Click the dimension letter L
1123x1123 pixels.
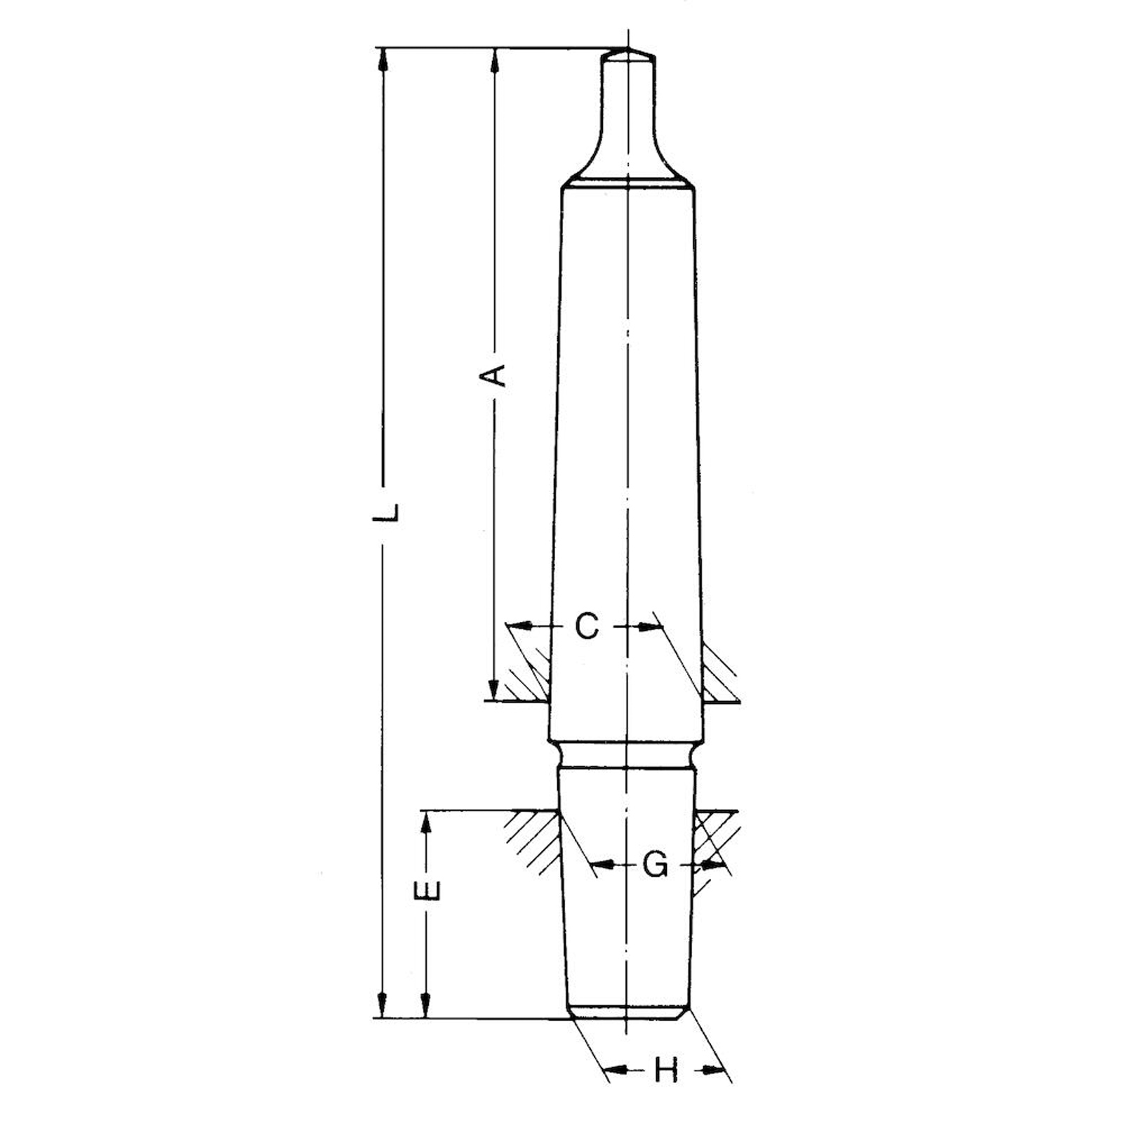click(x=385, y=512)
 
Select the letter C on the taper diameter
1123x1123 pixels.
click(x=587, y=626)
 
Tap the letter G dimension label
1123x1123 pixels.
click(x=656, y=865)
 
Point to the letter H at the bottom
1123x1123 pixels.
click(x=666, y=1070)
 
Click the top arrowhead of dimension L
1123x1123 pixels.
click(x=383, y=59)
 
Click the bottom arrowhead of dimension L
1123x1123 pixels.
click(x=383, y=1005)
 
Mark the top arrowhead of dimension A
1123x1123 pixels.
click(x=495, y=59)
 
